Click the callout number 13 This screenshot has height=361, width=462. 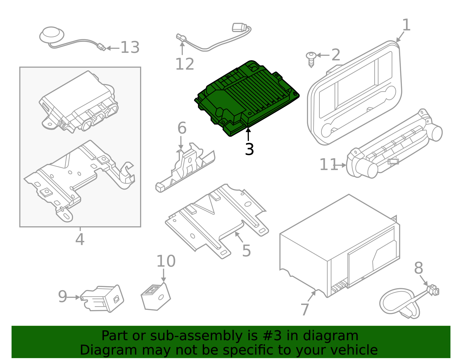tap(130, 47)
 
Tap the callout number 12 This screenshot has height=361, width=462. tap(185, 64)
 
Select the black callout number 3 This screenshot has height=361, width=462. tap(249, 149)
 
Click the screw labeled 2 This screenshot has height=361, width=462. tap(311, 59)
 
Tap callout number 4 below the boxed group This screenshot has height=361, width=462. tap(80, 239)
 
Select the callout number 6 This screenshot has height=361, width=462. tap(182, 128)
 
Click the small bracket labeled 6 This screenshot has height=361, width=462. tap(185, 171)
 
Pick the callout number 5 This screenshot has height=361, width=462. tap(246, 251)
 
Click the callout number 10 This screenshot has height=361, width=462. tap(166, 261)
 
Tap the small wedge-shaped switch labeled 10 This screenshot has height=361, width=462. tap(156, 297)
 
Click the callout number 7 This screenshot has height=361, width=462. tap(305, 310)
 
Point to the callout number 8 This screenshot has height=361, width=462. tap(418, 268)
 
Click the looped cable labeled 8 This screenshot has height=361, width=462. tap(398, 302)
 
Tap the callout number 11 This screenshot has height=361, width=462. tap(328, 165)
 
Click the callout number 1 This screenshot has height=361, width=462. tap(406, 25)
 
